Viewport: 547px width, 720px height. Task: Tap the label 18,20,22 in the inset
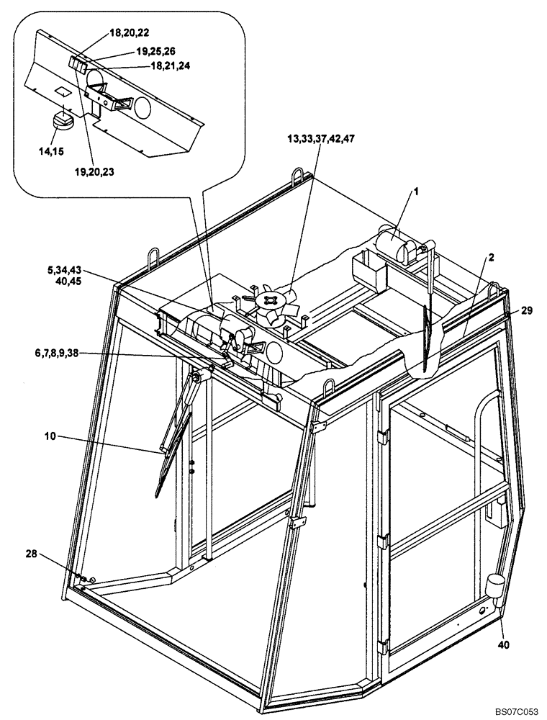[x=130, y=33]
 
